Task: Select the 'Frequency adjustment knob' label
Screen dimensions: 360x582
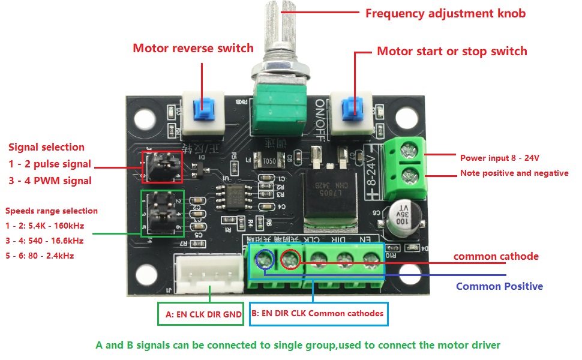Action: pos(445,13)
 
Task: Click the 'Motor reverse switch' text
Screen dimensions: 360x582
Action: pos(193,48)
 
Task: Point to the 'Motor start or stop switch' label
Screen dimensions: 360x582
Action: pos(452,51)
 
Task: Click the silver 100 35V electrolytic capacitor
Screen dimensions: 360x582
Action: pos(401,218)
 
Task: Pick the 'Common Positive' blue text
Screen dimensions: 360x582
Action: pos(499,286)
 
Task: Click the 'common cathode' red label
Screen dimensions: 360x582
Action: pos(496,256)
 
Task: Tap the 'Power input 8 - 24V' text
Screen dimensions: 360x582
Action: pos(499,158)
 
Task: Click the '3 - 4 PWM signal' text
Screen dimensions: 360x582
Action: pos(50,181)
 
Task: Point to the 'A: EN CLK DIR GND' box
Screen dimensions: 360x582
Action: pos(203,314)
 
